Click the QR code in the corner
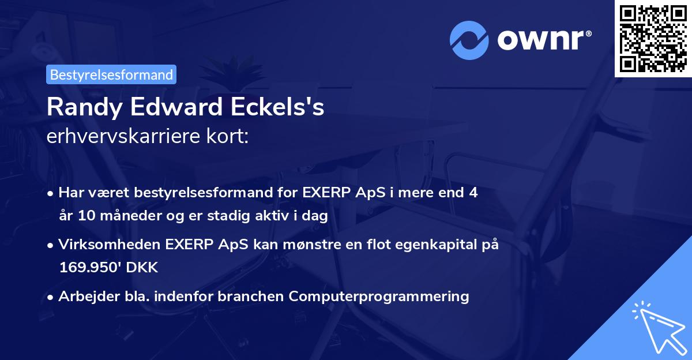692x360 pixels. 653,38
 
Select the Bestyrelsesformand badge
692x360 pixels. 111,74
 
